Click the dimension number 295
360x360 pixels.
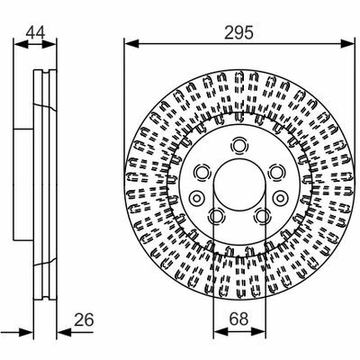[238, 32]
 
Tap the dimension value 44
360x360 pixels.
[35, 32]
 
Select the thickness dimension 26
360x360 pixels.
[84, 319]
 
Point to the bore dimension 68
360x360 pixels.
[239, 319]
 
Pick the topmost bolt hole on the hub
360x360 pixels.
[239, 146]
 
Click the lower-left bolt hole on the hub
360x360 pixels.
[216, 216]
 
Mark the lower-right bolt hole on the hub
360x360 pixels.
[262, 216]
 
